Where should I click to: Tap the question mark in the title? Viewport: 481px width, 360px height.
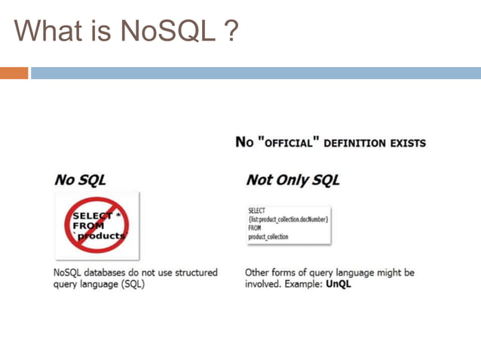pos(231,31)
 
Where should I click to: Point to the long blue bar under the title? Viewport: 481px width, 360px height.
pos(256,73)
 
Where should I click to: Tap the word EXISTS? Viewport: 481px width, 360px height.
pos(408,142)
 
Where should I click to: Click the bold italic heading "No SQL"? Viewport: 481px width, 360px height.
pos(79,180)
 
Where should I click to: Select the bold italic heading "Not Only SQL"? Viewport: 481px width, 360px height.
pos(293,180)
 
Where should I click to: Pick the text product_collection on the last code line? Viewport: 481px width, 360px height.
pos(268,236)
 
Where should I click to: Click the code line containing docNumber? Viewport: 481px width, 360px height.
pos(287,219)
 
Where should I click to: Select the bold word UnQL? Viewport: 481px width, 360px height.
pos(339,285)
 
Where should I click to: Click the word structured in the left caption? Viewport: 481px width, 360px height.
pos(191,272)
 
